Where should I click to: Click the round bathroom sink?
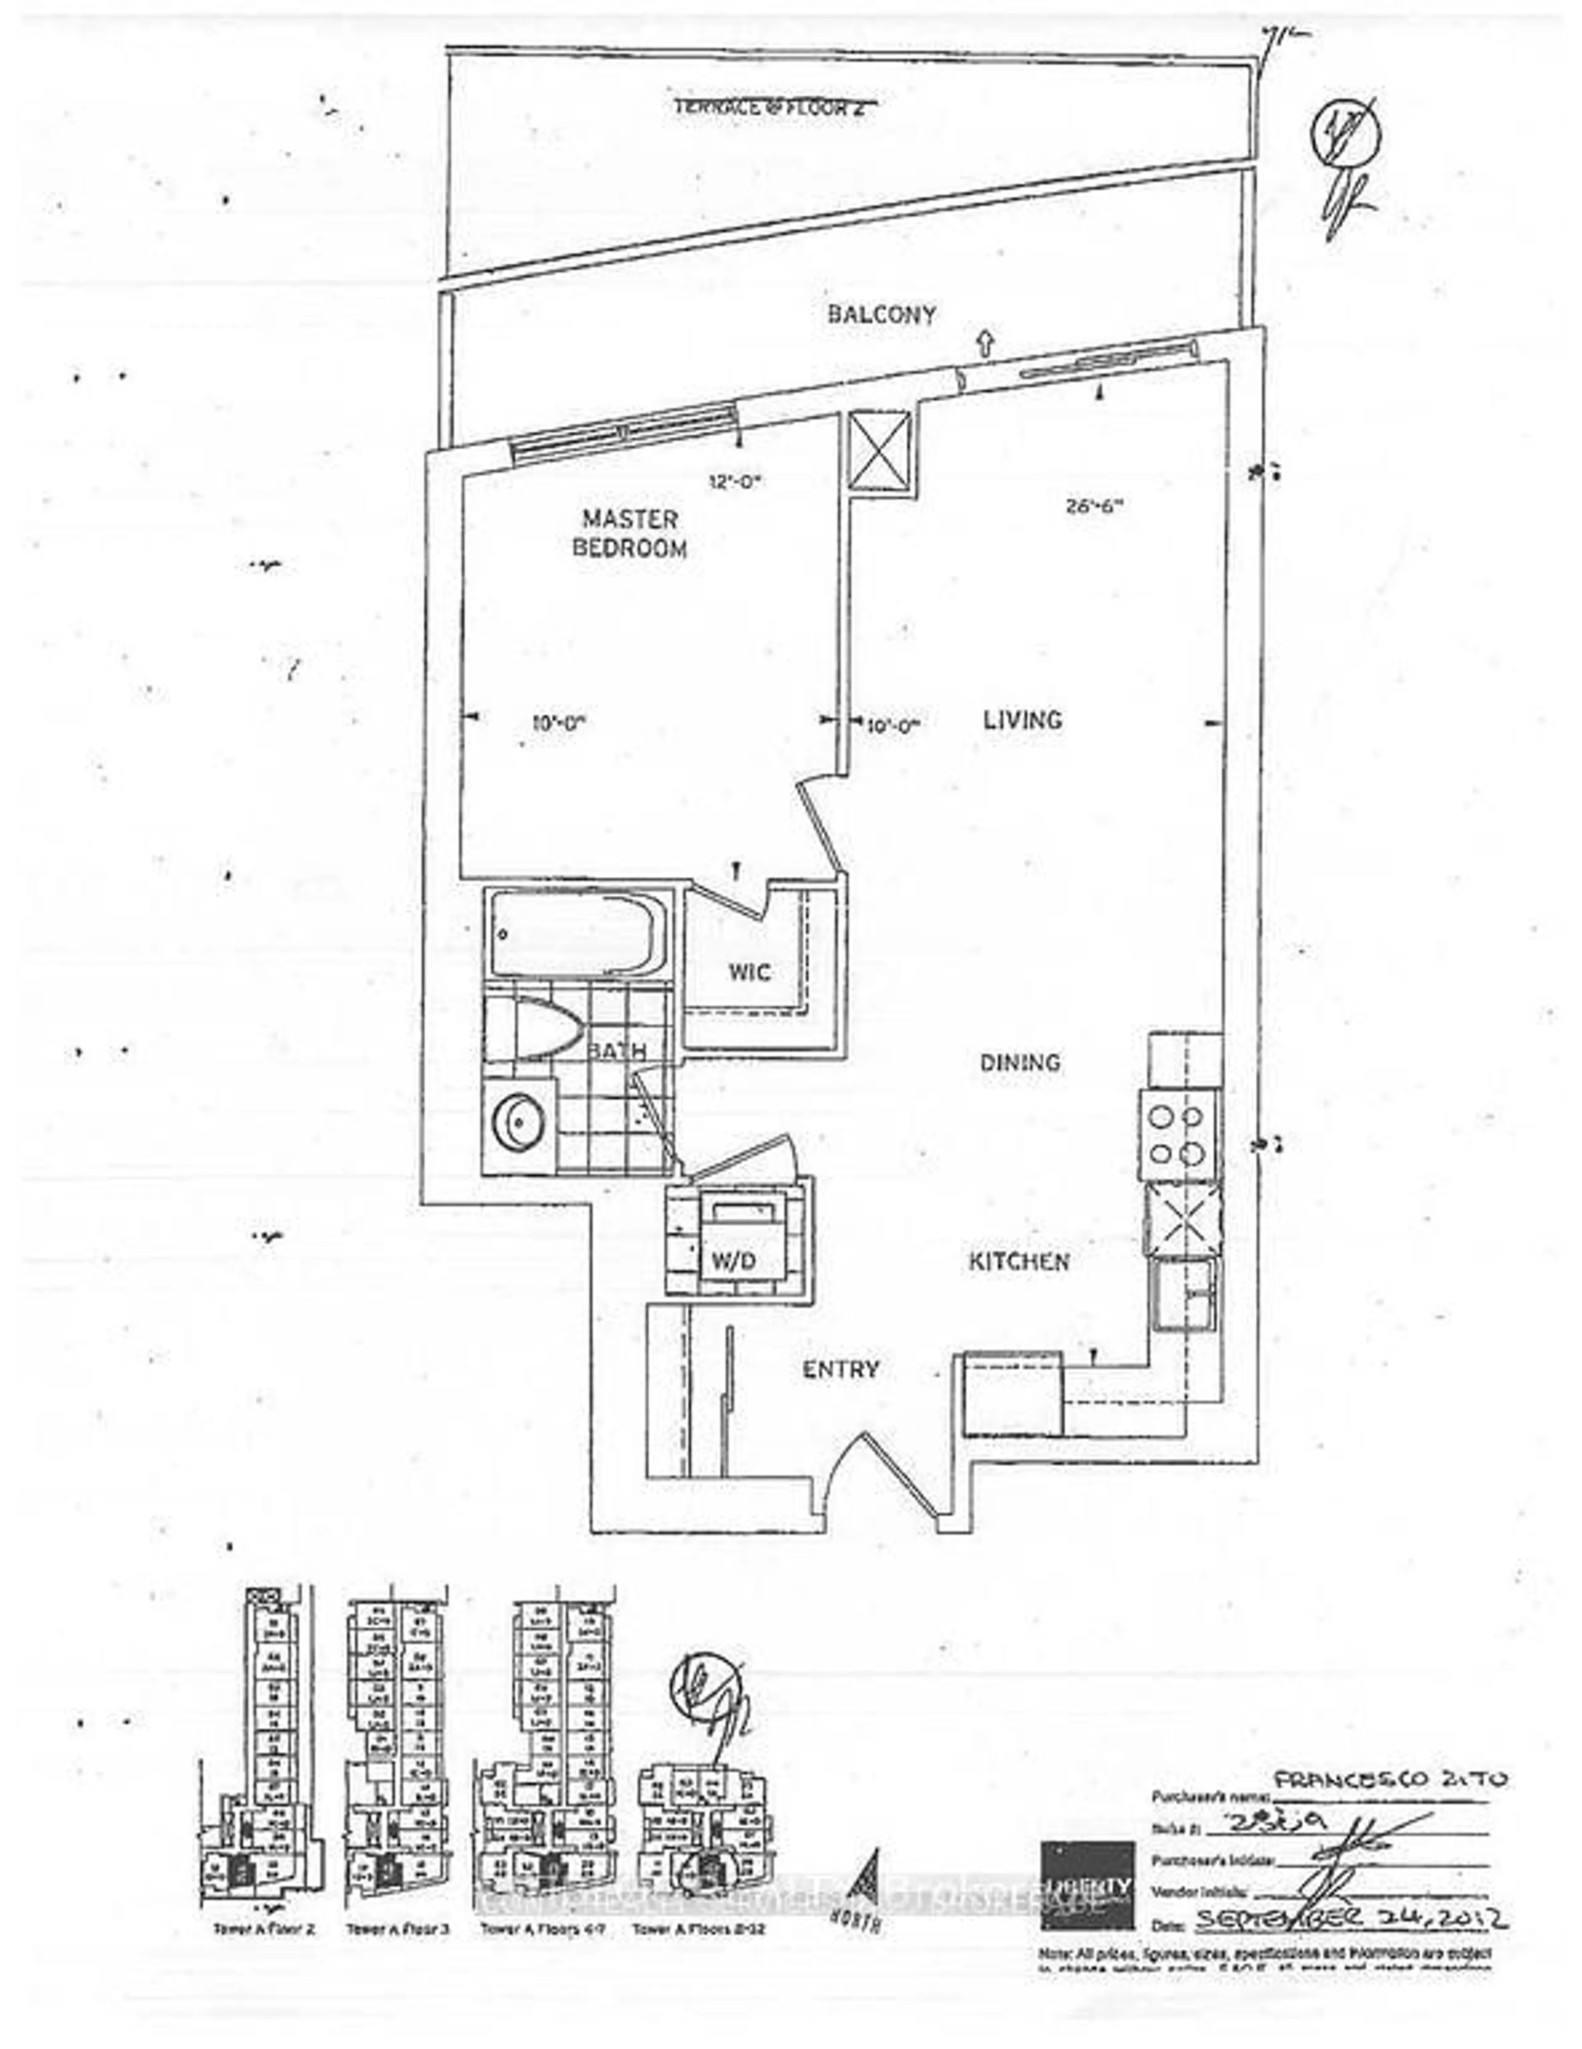pyautogui.click(x=517, y=1123)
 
